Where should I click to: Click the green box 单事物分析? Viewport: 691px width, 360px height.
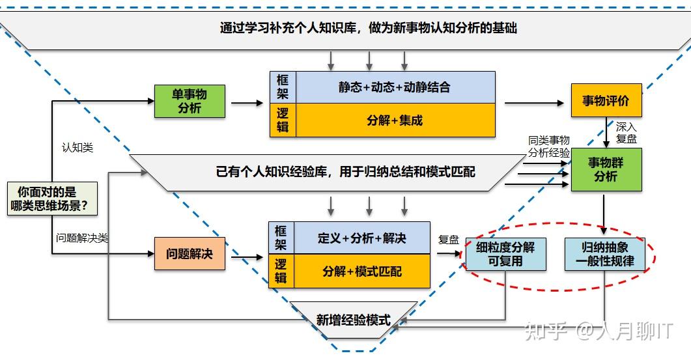tap(190, 101)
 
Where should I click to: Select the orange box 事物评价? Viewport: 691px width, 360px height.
tap(606, 100)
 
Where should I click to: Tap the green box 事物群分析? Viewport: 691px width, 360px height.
tap(606, 169)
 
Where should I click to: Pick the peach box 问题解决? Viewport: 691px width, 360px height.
tap(189, 253)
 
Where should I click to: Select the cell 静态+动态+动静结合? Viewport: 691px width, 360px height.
tap(395, 87)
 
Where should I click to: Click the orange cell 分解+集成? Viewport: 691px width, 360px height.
tap(395, 120)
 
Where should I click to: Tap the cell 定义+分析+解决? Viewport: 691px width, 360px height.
tap(361, 238)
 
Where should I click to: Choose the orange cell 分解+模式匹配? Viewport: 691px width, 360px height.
tap(361, 271)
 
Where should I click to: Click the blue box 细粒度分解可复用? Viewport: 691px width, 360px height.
tap(505, 254)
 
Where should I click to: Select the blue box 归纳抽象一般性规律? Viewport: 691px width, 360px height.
tap(604, 254)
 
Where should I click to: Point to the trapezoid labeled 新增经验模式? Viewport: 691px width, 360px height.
tap(354, 320)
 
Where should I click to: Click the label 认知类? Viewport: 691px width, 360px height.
tap(77, 148)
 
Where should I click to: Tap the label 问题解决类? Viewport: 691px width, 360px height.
tap(81, 238)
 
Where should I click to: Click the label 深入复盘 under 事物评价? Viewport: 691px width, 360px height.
tap(626, 132)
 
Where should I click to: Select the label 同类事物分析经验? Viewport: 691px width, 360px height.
tap(549, 146)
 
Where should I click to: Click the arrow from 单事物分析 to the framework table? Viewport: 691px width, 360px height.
tap(247, 103)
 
